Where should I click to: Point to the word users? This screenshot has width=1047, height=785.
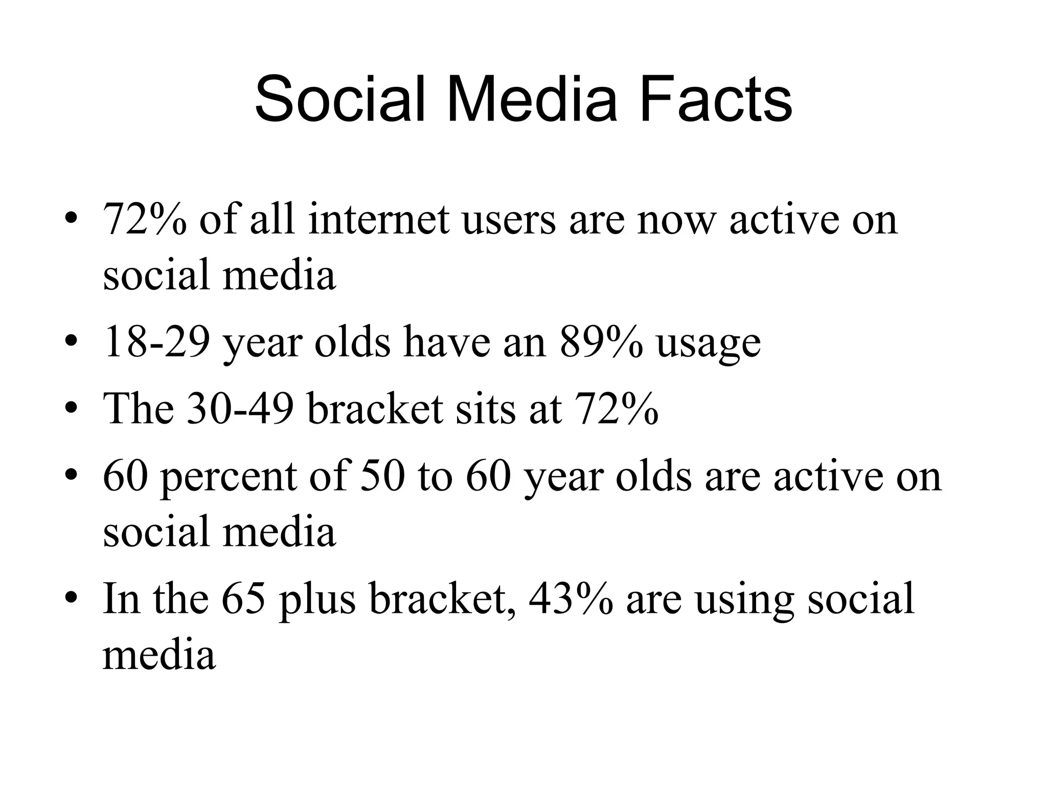tap(508, 220)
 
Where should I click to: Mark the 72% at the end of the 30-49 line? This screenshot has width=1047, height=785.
tap(617, 408)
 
